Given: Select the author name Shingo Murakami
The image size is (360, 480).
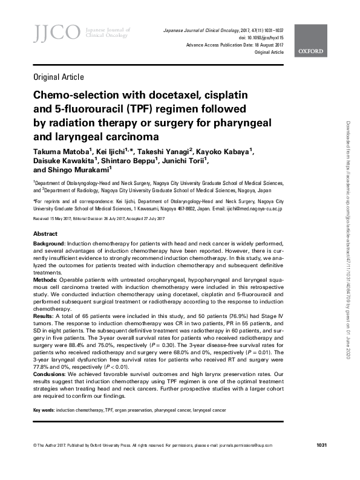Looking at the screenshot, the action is tap(75, 171).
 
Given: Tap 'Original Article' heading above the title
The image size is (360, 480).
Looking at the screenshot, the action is tap(58, 77).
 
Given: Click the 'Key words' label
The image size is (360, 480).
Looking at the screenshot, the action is tap(43, 410).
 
